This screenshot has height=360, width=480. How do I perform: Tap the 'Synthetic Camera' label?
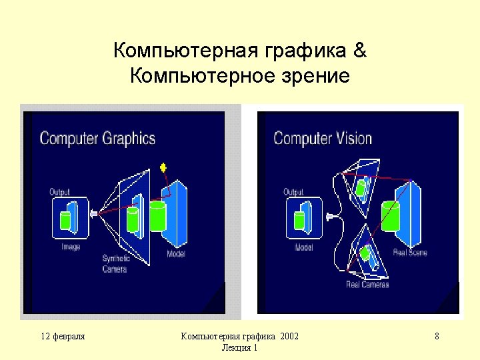(x=116, y=264)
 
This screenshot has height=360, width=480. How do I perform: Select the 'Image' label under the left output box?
(x=71, y=247)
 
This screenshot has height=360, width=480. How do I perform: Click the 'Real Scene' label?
(x=411, y=253)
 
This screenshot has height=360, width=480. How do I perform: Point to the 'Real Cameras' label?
(x=367, y=284)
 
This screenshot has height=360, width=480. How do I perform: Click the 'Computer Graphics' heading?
(x=97, y=139)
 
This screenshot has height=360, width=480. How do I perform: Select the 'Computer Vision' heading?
(x=323, y=139)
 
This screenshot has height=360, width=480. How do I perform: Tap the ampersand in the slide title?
(x=360, y=51)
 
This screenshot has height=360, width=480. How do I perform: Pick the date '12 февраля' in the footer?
(x=63, y=336)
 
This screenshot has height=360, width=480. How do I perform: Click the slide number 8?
(x=437, y=336)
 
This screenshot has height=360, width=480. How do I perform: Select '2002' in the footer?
(x=289, y=336)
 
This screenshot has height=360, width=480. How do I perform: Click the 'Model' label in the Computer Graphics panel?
(x=176, y=254)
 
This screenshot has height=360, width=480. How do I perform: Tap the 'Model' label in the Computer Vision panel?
(x=304, y=247)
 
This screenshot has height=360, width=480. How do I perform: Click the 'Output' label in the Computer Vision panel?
(x=293, y=192)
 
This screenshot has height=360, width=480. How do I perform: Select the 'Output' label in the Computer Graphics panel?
(x=59, y=192)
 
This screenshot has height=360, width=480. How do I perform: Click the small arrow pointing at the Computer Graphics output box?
(x=93, y=214)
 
